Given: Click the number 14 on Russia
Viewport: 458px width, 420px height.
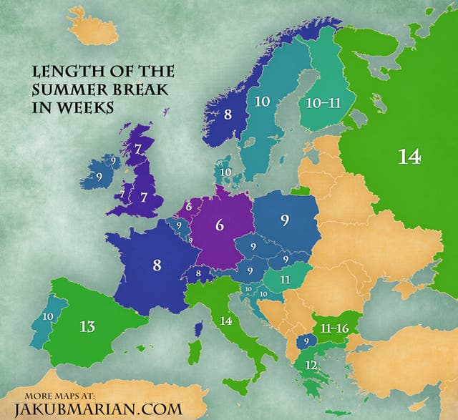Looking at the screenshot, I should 409,157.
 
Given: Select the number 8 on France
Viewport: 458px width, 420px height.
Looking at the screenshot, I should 157,264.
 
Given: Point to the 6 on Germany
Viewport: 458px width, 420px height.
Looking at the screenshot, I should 220,225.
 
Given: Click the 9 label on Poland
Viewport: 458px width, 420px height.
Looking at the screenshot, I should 285,220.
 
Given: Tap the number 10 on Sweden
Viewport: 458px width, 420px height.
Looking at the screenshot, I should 262,102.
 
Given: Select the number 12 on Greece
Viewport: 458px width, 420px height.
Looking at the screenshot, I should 311,365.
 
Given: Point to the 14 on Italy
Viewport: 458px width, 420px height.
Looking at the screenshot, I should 227,321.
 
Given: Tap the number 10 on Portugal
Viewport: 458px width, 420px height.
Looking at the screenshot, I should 48,316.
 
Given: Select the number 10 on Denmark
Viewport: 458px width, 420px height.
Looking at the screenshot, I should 225,172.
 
